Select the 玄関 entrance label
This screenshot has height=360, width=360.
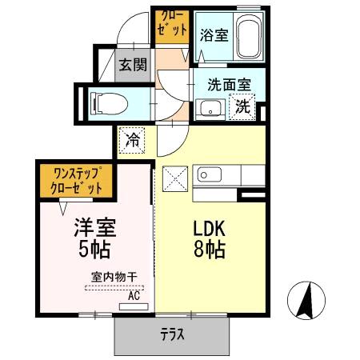(133, 66)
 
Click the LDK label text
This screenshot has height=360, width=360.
(208, 226)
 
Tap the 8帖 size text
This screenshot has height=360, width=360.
(208, 249)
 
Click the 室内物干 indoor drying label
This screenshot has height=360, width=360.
(114, 277)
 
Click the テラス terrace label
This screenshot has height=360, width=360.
(172, 334)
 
